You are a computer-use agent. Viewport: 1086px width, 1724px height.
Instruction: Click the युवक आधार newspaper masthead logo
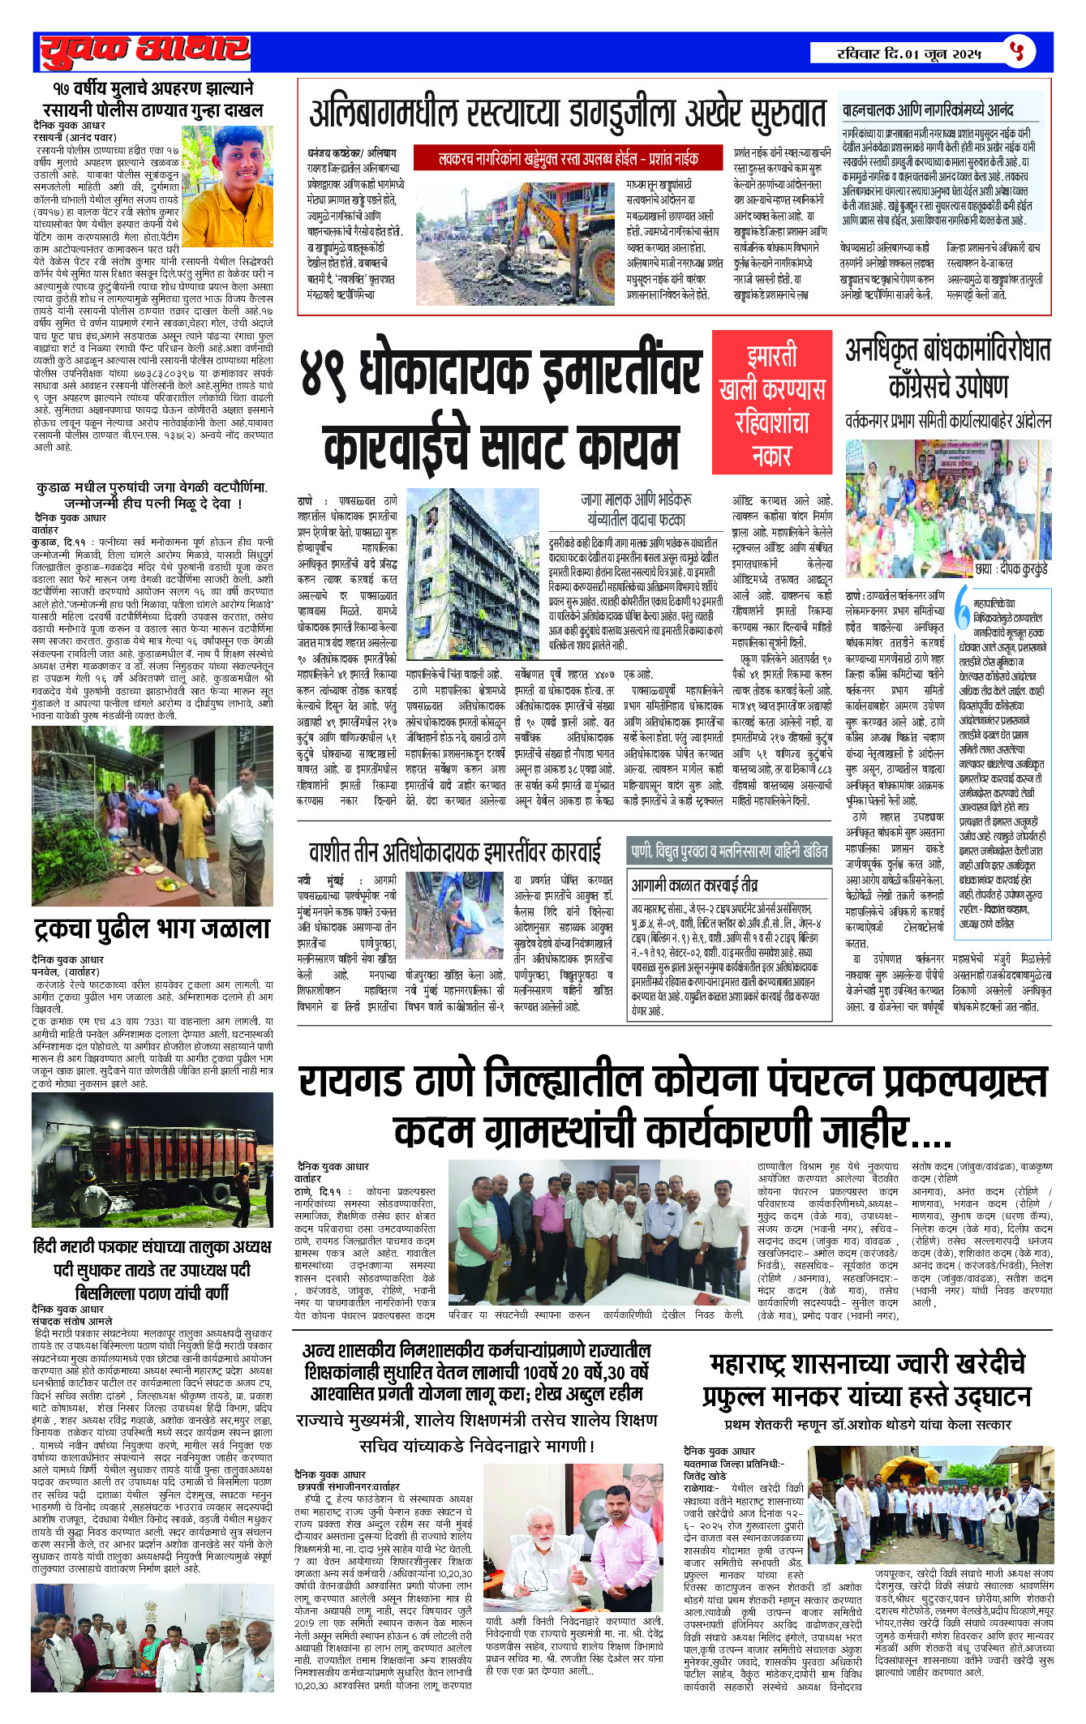(144, 51)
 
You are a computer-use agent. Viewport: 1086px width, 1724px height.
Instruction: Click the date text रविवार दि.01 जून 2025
(908, 54)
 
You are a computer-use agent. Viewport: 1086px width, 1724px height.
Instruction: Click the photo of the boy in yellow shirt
(227, 187)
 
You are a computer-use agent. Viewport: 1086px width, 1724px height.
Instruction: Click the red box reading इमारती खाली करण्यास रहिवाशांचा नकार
(771, 402)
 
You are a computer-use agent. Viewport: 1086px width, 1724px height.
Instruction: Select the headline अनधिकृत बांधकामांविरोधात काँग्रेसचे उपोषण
(947, 367)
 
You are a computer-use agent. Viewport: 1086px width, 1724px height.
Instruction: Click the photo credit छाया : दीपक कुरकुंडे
(1011, 570)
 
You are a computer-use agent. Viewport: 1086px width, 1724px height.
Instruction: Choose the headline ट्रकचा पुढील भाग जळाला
(152, 928)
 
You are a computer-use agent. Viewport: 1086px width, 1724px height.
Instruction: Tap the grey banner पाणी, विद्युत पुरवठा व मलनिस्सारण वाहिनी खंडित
(729, 851)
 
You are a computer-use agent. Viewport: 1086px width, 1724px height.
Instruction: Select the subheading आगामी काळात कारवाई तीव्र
(695, 884)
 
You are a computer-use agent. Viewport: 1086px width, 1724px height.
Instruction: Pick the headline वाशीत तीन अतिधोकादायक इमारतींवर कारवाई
(455, 852)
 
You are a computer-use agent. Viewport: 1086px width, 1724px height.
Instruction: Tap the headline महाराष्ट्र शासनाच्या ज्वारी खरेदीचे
(867, 1364)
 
